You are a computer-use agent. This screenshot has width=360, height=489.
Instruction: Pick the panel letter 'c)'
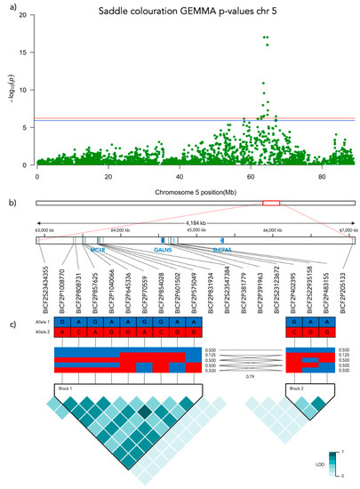pyautogui.click(x=5, y=321)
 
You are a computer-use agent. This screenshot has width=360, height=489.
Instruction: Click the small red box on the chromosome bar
pyautogui.click(x=271, y=204)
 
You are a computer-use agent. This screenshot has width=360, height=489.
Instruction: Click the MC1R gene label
pyautogui.click(x=98, y=252)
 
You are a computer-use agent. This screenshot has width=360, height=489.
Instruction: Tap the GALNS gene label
pyautogui.click(x=163, y=252)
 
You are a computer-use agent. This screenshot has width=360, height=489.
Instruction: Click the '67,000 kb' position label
pyautogui.click(x=342, y=231)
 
